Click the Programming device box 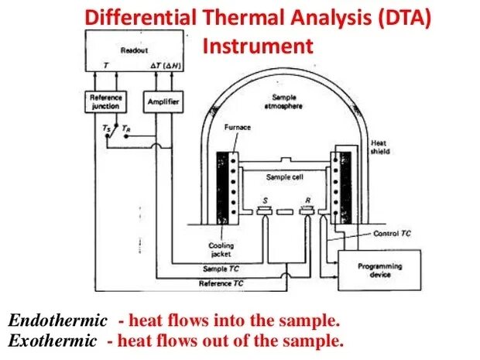point(379,270)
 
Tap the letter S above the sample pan point(265,198)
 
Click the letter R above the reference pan point(308,198)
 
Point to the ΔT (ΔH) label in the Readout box point(164,67)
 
